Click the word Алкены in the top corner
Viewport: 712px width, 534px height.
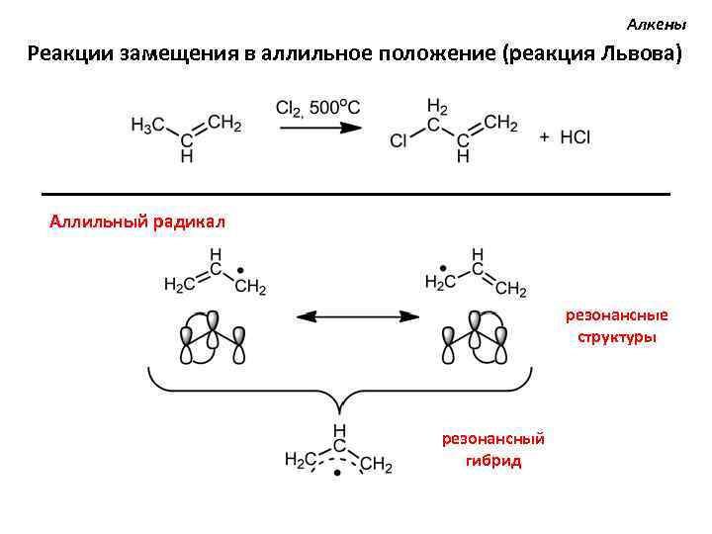[x=656, y=23]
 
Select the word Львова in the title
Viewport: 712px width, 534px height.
[x=639, y=53]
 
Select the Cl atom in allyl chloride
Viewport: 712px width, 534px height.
[x=399, y=141]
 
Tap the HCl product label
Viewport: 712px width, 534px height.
[x=575, y=138]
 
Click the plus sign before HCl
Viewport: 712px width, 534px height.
[x=545, y=138]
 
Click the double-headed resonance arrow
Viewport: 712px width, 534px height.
[x=357, y=316]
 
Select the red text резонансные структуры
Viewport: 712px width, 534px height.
[x=616, y=326]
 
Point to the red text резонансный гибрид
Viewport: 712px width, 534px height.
[x=492, y=449]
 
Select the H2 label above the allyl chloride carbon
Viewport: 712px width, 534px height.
[x=436, y=106]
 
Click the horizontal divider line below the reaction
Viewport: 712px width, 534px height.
[x=356, y=192]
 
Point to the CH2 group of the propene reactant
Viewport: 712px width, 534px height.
[x=224, y=124]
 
